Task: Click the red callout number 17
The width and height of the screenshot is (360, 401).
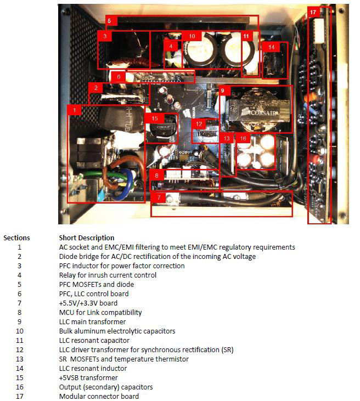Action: pyautogui.click(x=313, y=12)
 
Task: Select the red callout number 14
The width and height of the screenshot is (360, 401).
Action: pyautogui.click(x=271, y=48)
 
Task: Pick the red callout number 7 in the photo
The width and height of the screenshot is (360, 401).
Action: pyautogui.click(x=158, y=196)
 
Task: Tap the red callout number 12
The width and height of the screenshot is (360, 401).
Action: pyautogui.click(x=199, y=124)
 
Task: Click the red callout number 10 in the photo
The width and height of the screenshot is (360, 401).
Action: pyautogui.click(x=192, y=36)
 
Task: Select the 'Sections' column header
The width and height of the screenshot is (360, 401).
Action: pyautogui.click(x=16, y=238)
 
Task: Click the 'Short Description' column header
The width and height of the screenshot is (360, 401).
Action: pyautogui.click(x=87, y=238)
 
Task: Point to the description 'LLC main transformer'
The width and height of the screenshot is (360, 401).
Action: pyautogui.click(x=92, y=321)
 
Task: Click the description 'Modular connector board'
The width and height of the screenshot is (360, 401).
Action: pyautogui.click(x=99, y=396)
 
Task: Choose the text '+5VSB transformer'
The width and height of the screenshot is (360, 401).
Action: pyautogui.click(x=87, y=377)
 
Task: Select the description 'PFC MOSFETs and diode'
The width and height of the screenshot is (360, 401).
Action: pyautogui.click(x=96, y=284)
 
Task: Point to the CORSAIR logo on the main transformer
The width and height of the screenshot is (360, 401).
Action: pyautogui.click(x=257, y=114)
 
